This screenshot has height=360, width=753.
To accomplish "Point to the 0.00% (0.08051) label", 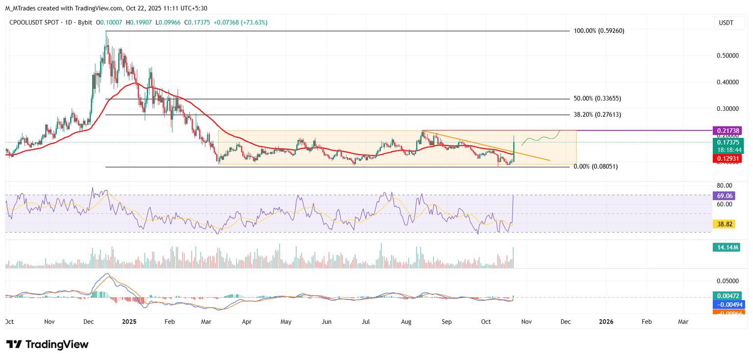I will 596,167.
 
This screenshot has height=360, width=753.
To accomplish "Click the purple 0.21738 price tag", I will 727,130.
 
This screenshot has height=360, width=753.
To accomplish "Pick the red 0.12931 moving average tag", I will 727,158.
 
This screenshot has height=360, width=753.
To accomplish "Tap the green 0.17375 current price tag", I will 727,142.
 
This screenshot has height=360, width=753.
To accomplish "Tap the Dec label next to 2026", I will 565,322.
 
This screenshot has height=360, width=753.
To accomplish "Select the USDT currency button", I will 726,23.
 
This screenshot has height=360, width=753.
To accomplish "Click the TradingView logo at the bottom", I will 48,344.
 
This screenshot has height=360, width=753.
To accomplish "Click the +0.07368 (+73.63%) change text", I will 241,23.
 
